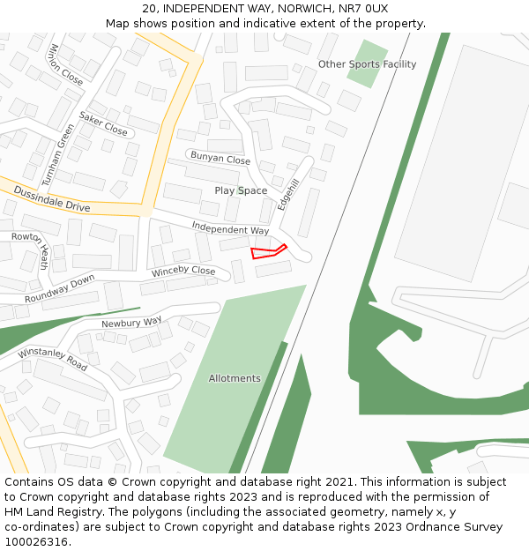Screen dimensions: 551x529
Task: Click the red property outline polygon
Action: (x=266, y=252)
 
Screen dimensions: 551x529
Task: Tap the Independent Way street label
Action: (x=230, y=228)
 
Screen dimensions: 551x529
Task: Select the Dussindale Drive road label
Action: (x=52, y=198)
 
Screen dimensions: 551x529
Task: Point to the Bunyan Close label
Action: (x=220, y=159)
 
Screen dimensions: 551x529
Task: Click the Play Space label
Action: (x=241, y=190)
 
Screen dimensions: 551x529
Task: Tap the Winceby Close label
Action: (x=183, y=272)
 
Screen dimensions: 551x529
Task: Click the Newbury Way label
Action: (x=131, y=323)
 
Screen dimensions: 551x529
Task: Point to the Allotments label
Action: (x=235, y=378)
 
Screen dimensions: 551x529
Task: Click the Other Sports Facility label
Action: (x=367, y=64)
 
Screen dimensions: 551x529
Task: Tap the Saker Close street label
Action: (x=103, y=123)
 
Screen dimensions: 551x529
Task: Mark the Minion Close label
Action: (x=66, y=64)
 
